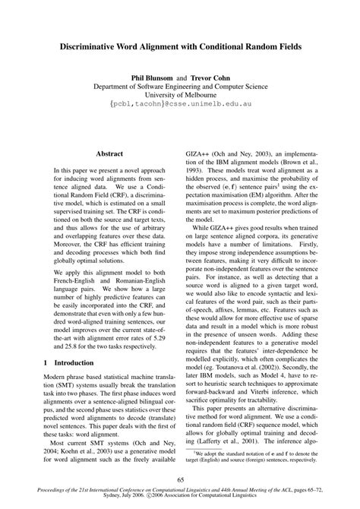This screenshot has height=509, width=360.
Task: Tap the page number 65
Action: (180, 478)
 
